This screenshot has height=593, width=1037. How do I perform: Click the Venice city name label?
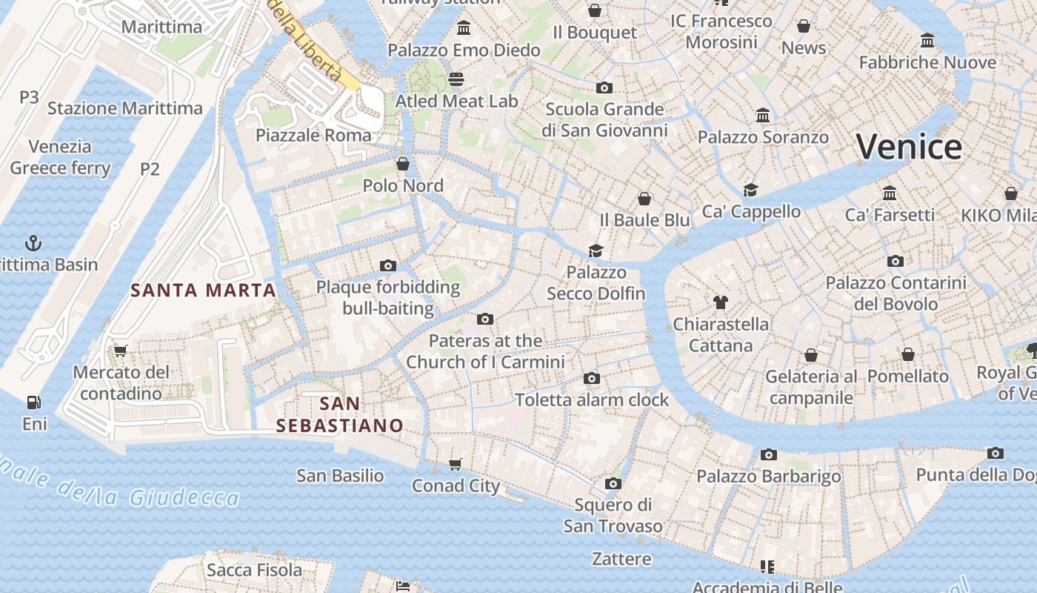909,147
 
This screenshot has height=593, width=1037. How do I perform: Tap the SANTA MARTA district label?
204,290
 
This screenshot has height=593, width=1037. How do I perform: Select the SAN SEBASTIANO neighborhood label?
340,414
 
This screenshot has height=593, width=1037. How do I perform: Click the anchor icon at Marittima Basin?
33,242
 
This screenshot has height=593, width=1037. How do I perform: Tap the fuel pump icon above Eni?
33,402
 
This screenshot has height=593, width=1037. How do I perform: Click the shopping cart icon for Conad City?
455,464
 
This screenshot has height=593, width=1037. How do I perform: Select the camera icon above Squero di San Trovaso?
613,483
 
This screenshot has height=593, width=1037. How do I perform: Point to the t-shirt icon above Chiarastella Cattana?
720,302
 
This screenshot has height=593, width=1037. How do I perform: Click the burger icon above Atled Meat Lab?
456,79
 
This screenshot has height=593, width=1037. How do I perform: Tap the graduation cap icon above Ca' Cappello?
751,190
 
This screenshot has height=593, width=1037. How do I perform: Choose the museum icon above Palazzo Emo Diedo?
464,28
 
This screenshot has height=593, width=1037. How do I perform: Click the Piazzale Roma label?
313,135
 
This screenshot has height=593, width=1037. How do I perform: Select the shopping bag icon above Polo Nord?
403,163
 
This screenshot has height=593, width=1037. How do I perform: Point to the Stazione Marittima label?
124,108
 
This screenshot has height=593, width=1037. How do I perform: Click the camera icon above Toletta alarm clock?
591,378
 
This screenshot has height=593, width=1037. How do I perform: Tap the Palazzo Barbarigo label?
768,476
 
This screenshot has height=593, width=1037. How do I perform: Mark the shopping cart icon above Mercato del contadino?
121,350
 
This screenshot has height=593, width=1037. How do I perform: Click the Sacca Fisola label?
254,570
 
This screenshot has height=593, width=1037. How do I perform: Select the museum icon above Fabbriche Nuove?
927,40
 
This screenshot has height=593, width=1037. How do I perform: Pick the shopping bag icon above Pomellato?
908,354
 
